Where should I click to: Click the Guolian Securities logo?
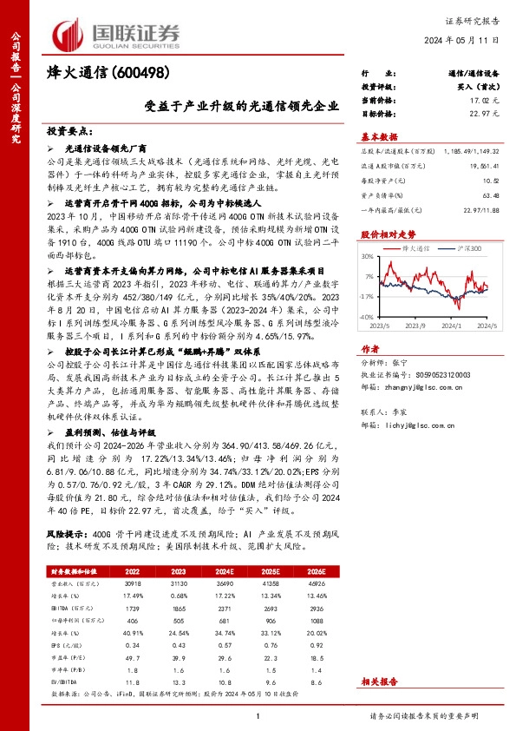click(x=117, y=30)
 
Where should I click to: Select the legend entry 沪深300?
click(x=472, y=247)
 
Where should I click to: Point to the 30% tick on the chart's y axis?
click(x=368, y=256)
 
